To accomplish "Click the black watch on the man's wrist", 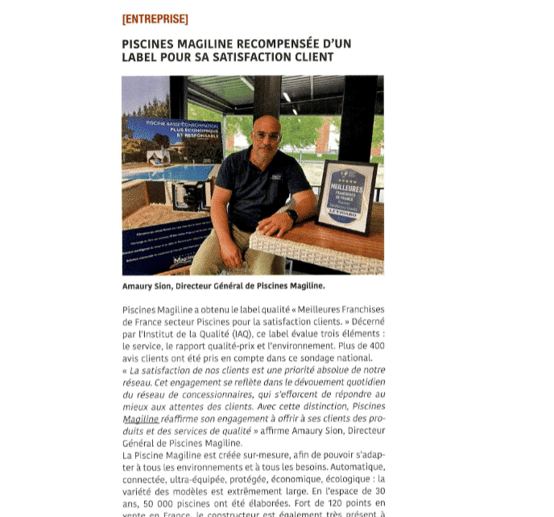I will point(291,215).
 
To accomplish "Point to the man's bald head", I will point(267,123).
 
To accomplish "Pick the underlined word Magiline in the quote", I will point(140,419).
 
